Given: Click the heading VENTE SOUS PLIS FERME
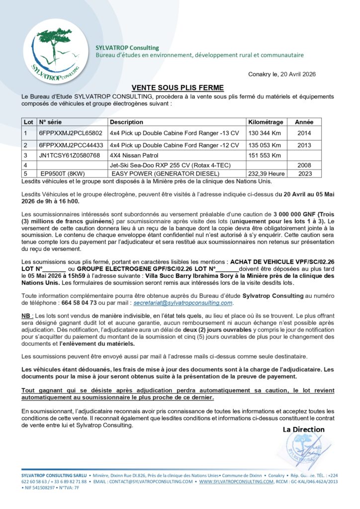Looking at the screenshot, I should coord(171,86).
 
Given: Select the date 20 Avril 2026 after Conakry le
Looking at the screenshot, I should coord(297,74).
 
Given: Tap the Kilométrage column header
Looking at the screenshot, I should coord(266,122).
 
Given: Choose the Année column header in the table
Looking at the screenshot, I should coord(304,122).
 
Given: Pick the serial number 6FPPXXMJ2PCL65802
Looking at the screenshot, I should coord(71,133).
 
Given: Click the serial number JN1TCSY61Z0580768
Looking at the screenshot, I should coord(69,155).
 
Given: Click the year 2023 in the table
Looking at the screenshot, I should coord(304,173).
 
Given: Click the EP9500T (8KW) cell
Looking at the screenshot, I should coord(64,173).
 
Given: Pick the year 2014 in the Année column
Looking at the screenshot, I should coord(304,133).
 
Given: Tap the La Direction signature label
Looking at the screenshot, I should coord(303,429).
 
